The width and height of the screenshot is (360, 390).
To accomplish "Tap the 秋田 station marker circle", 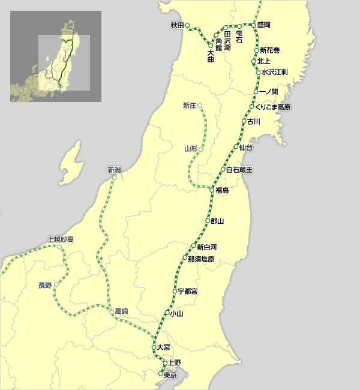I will pos(188,25).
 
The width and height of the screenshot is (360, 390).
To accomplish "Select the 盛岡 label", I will pos(264,25).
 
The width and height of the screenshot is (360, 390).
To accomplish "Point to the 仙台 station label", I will pos(245,147).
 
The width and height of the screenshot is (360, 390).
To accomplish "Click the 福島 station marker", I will pos(212,190).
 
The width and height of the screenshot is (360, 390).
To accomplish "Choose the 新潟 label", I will pos(114,170).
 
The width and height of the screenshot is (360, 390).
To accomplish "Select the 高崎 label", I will pos(121,311).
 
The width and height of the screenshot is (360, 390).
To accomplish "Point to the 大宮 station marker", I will pos(153,347).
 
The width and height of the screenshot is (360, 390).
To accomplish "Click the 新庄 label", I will pos(190,106).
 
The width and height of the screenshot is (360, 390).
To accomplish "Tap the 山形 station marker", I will pos(200,148).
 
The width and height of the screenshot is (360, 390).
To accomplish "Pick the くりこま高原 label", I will pos(273,107).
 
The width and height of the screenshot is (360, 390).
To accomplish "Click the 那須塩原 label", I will pos(201,259).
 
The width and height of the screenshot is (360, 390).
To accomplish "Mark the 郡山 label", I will pos(217,221).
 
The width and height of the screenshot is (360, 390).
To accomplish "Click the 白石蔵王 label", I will pos(239,170).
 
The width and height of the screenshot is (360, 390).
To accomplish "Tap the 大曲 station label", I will pos(211,55).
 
